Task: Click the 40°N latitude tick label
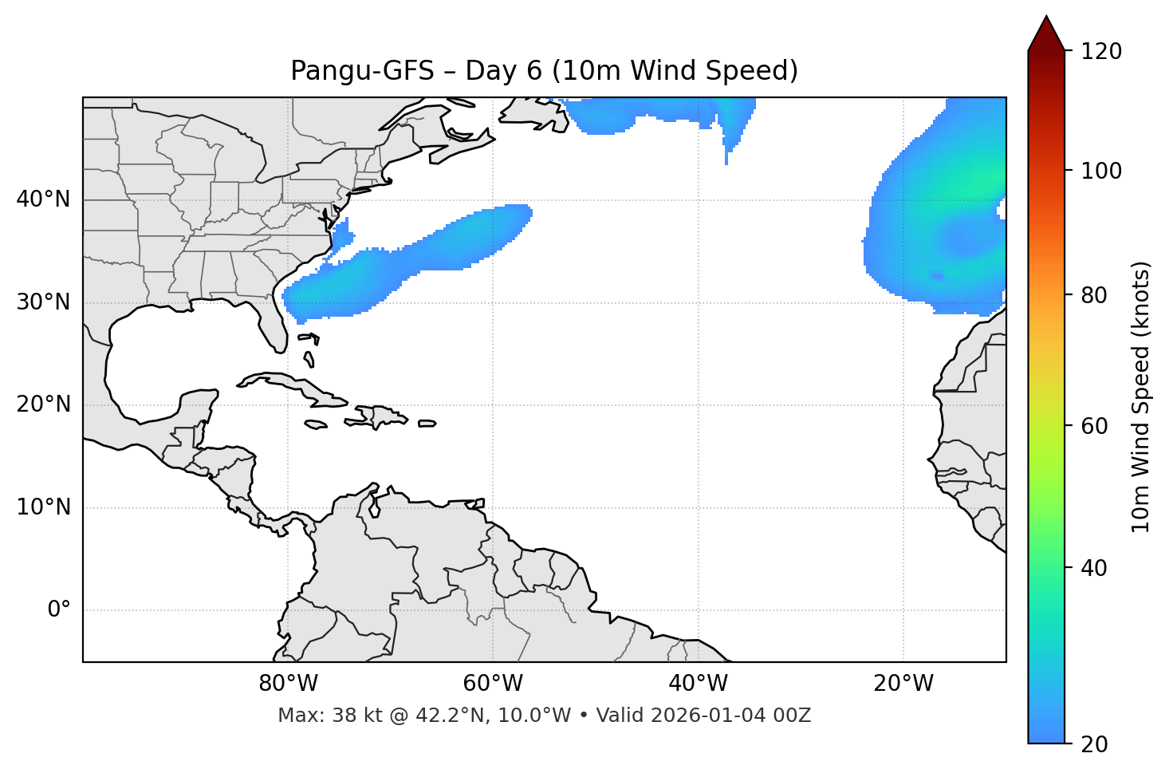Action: coord(43,199)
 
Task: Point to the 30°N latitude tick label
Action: coord(43,302)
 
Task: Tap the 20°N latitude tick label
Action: coord(43,404)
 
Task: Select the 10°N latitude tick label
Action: coord(43,507)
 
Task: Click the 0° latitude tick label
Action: coord(59,610)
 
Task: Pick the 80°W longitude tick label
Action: coord(288,684)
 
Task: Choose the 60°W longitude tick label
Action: coord(493,684)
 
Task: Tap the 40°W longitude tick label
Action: coord(698,684)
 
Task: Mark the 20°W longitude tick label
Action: coord(903,684)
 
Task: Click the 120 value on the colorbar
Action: coord(1101,52)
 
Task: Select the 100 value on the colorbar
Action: coord(1101,171)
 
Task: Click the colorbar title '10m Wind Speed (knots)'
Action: coord(1141,397)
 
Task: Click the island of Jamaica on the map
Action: coord(316,424)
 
